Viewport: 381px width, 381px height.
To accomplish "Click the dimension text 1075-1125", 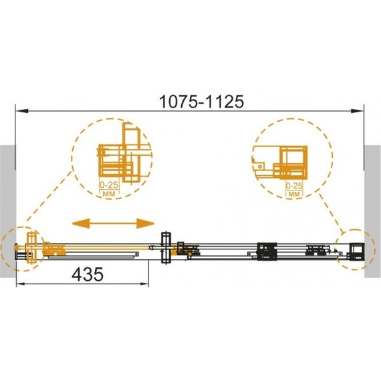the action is point(201,102).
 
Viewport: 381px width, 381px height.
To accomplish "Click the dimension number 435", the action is point(88,275).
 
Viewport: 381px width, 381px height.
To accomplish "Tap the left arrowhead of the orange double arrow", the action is point(81,223).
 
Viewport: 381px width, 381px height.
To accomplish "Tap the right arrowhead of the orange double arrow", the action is point(145,223).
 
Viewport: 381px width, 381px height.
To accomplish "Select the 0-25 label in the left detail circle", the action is point(109,185).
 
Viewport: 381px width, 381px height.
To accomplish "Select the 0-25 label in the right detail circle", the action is point(294,186).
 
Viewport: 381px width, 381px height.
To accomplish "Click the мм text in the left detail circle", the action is point(109,194).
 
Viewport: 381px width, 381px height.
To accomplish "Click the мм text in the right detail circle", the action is point(295,194).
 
